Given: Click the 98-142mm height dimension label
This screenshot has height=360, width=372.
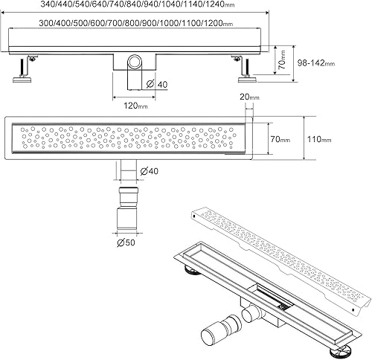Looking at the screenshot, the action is (x=316, y=63).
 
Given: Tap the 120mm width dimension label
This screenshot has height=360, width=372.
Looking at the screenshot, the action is (x=135, y=106).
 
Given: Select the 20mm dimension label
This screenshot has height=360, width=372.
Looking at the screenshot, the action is (x=249, y=97).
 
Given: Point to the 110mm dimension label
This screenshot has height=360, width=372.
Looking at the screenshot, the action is (x=319, y=139).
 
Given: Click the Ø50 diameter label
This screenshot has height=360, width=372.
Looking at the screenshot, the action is (x=126, y=242).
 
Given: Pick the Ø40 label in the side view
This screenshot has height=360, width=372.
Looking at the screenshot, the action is (x=157, y=84).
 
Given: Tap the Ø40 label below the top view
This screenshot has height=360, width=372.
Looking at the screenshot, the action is (x=149, y=171).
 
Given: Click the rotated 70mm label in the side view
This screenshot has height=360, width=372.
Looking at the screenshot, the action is (x=283, y=60).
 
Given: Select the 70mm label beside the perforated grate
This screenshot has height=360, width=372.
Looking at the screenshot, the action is (x=280, y=139).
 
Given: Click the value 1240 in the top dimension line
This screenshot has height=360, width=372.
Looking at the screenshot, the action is (x=215, y=4).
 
